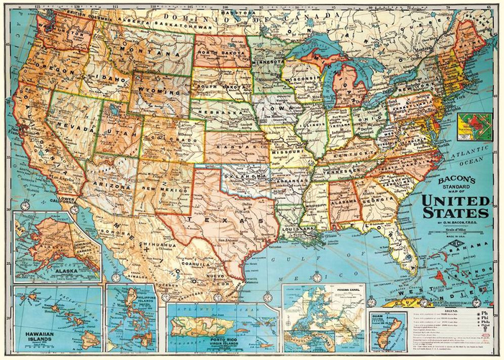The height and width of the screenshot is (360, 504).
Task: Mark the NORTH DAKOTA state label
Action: pos(220,52)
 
